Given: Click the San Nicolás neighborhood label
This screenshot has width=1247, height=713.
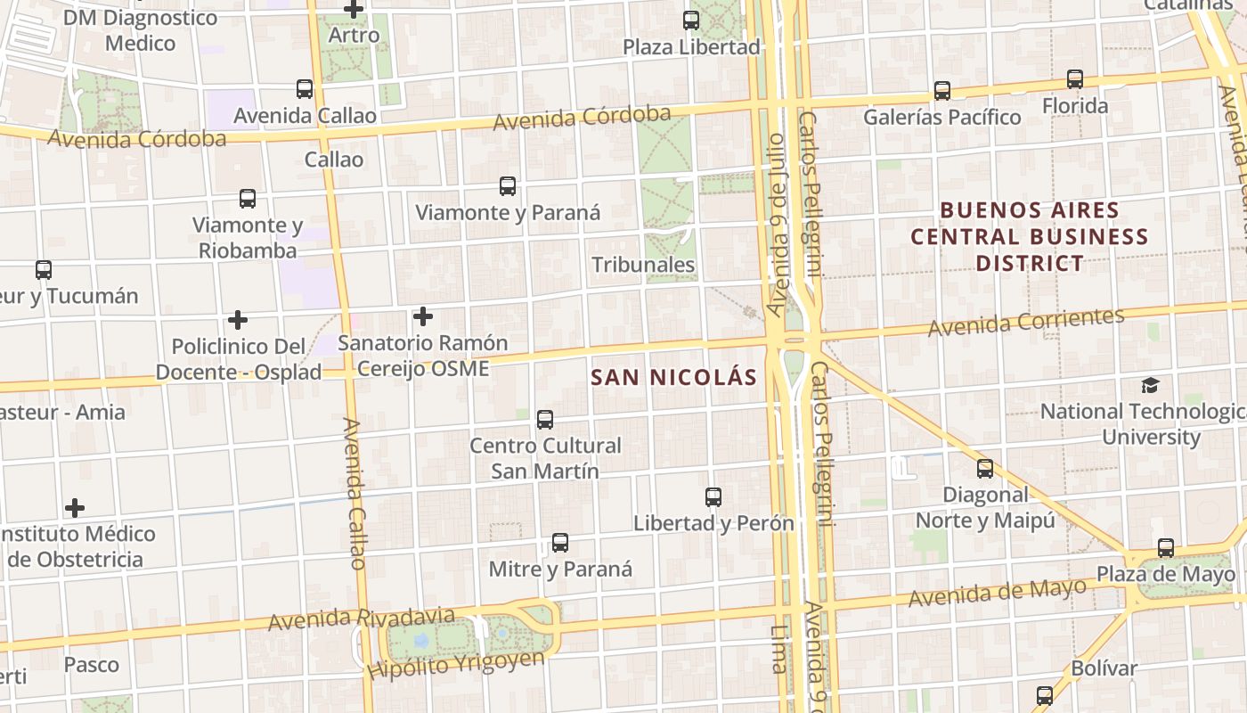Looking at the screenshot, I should pos(673,377).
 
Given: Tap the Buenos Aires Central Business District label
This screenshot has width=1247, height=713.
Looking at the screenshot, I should pos(1030,237).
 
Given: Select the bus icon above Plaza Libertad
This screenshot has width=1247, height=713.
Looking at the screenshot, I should pos(691,20).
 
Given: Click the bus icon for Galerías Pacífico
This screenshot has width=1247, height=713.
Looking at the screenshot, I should pos(942,90).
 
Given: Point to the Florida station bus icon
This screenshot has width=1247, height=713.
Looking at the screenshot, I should pos(1075,79).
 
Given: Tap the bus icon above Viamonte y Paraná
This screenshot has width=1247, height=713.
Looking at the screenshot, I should pos(508,185).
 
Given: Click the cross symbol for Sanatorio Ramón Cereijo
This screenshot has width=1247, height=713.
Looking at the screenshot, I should pos(423,316).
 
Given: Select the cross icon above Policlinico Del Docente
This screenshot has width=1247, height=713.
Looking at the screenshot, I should pos(238,319).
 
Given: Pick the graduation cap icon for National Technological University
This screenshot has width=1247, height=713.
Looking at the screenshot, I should pos(1151,385).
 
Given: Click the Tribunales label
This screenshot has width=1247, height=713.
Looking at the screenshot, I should pos(643,265).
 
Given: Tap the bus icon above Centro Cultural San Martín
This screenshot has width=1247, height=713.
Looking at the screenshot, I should pos(545,419).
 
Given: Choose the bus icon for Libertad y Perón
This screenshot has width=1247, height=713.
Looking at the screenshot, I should pos(713,496).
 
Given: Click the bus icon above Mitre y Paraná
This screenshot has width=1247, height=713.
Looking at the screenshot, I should pos(560,542).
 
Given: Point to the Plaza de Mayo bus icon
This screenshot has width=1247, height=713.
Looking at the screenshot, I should pos(1166,547).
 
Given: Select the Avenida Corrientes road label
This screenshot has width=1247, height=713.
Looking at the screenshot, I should pos(1026,323).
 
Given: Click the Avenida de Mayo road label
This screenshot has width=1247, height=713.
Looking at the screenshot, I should pos(998,592).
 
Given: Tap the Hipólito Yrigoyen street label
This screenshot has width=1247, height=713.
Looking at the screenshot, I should pos(456,664).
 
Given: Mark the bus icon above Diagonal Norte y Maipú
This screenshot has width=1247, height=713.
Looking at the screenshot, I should pos(985,468).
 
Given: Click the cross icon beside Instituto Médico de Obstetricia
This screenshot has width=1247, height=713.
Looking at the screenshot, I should pos(75,508).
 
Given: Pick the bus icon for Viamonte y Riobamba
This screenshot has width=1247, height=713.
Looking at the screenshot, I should pos(248,198).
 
